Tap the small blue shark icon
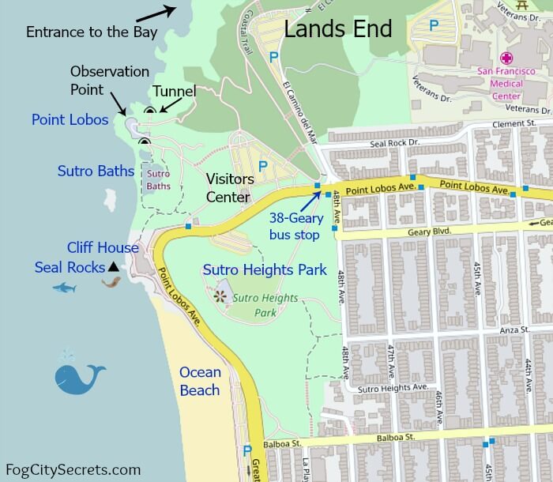(64, 288)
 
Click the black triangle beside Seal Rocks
(113, 267)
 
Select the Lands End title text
(337, 30)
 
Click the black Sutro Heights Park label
(265, 270)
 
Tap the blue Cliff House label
(103, 248)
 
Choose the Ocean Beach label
(200, 381)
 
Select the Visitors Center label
(229, 188)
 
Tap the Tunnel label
(174, 92)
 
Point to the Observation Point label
(109, 80)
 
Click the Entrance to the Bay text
(92, 32)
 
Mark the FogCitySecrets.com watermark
(73, 469)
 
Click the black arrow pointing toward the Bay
(155, 13)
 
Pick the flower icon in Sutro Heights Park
(219, 296)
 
